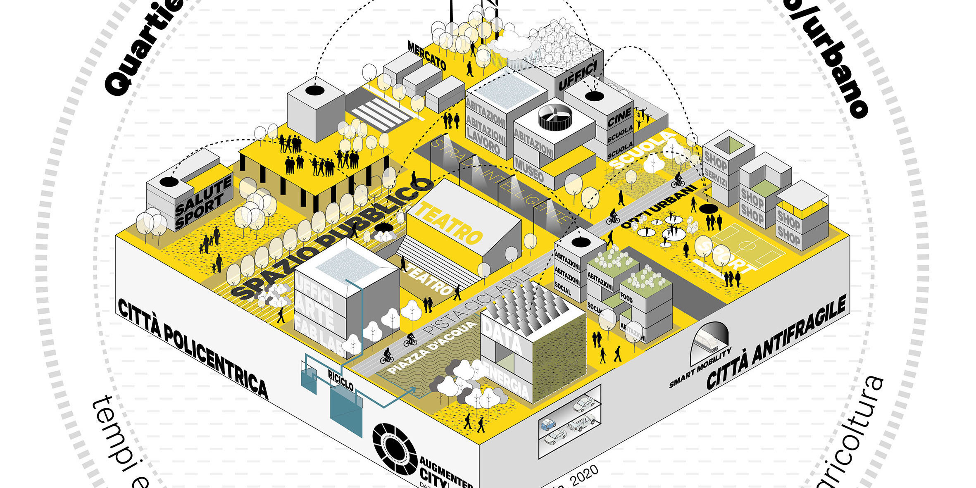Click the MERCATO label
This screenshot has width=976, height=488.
[x=427, y=55]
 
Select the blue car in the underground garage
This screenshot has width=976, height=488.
[x=549, y=424]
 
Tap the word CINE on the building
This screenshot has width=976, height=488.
[x=619, y=116]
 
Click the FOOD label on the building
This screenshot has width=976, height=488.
[x=626, y=298]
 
